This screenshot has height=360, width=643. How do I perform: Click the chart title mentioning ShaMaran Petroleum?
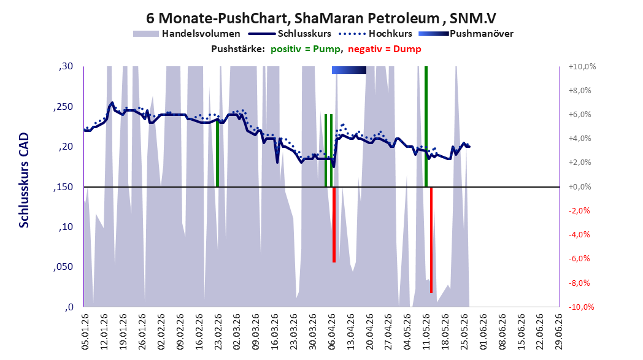[x=321, y=18]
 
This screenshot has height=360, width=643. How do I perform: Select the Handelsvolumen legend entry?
[x=187, y=34]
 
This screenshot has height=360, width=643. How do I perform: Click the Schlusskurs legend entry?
[x=290, y=34]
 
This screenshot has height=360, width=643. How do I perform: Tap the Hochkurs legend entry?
[x=375, y=34]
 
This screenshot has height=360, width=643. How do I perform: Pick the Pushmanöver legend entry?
[x=466, y=34]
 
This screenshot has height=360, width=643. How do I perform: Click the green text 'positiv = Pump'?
[x=305, y=49]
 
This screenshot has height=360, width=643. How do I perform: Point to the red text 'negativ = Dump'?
[x=384, y=49]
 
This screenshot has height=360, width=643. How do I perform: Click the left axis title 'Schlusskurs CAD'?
[x=24, y=180]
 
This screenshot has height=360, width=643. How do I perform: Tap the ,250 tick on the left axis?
[x=64, y=107]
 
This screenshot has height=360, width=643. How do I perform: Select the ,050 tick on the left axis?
[x=64, y=267]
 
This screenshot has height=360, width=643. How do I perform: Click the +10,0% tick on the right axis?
[x=582, y=66]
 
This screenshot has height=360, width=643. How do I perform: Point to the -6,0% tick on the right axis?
[x=580, y=259]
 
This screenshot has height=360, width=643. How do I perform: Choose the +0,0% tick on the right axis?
[x=580, y=187]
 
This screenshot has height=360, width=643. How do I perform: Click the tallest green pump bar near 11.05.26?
[x=426, y=126]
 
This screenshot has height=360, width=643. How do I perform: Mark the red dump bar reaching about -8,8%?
[x=431, y=240]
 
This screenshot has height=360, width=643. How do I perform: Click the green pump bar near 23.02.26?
[x=217, y=153]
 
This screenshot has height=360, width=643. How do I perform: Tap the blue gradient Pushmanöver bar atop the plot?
[x=349, y=70]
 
